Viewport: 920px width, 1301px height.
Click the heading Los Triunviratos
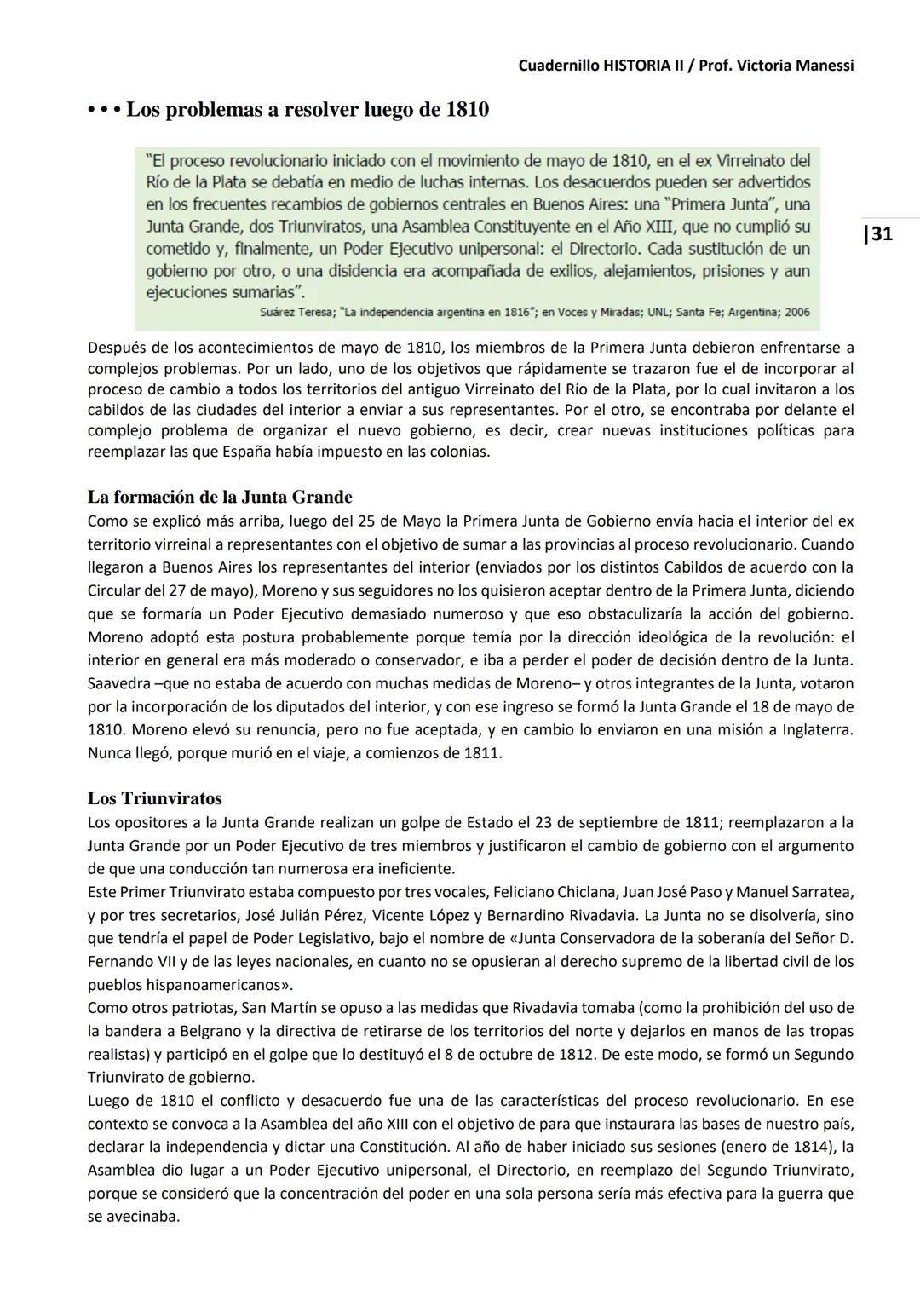154,798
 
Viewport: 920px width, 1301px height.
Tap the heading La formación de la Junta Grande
220,497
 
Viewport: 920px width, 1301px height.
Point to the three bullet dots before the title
104,111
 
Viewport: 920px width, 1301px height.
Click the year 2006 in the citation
796,312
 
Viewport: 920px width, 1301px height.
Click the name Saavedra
118,683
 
